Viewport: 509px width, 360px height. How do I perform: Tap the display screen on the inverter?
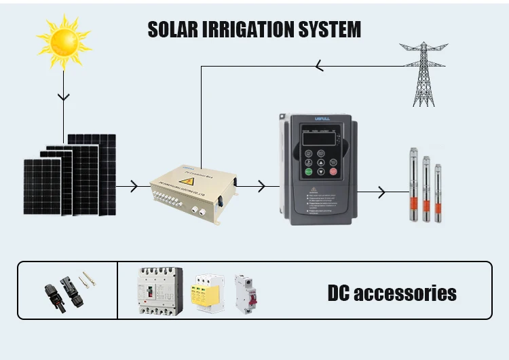[318, 135]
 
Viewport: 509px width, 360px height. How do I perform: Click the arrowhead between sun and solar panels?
[63, 96]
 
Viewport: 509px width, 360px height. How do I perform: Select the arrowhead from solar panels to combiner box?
[131, 185]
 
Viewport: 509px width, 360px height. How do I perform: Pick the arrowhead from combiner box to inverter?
[261, 185]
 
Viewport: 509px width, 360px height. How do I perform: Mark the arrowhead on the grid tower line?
[319, 66]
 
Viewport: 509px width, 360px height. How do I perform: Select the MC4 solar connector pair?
[66, 291]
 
